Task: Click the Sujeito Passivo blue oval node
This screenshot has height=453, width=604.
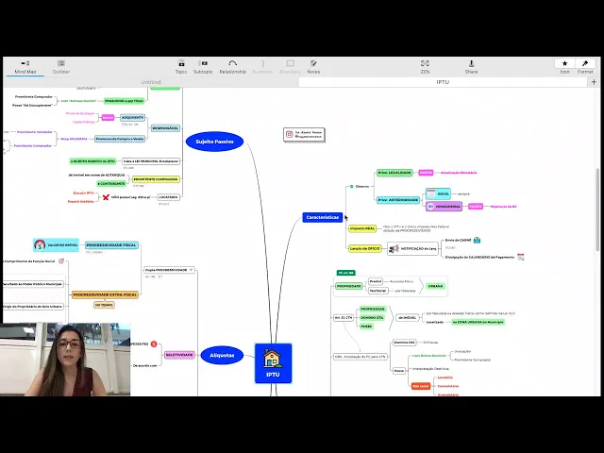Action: coord(214,142)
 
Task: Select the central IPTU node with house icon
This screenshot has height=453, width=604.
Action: coord(273,362)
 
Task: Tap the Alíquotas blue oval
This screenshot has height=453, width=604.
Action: coord(222,355)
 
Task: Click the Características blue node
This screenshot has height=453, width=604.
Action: coord(323,217)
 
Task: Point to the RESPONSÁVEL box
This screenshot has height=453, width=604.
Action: coord(165,127)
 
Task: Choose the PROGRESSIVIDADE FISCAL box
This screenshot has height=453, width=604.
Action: coord(111,244)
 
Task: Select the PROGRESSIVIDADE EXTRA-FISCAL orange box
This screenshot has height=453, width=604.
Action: coord(105,294)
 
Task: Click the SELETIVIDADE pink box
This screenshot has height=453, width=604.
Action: coord(179,355)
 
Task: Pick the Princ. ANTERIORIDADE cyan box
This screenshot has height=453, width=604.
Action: coord(398,200)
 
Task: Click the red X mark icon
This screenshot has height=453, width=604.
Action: coord(106,197)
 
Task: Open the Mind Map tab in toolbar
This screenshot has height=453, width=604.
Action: coord(25,66)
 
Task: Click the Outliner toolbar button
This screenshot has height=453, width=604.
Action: coord(60,66)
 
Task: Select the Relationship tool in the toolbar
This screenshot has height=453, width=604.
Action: coord(232,66)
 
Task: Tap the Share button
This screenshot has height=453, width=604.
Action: coord(471,66)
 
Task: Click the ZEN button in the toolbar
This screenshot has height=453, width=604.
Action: coord(425,66)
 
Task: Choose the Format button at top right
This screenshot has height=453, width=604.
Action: coord(585,66)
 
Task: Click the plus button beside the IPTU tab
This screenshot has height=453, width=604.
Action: coord(594,82)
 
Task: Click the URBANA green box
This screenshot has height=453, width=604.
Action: coord(436,286)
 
